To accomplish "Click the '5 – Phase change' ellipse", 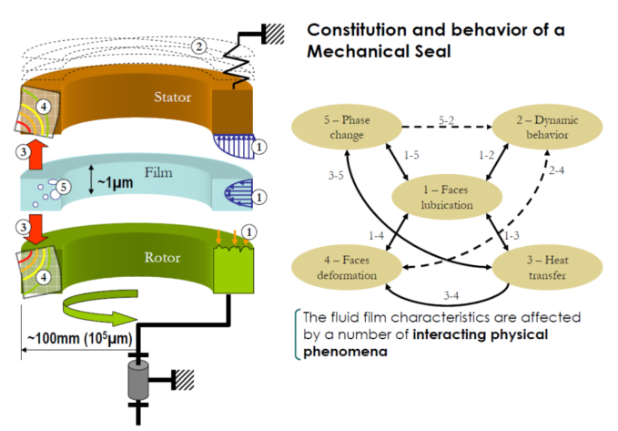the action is (x=347, y=127).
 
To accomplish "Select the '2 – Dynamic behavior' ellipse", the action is (x=547, y=127).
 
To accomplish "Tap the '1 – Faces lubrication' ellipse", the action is (x=447, y=197).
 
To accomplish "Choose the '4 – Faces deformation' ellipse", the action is (x=347, y=267).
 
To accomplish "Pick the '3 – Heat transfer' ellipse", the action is (x=547, y=267).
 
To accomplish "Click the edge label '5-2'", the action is (x=447, y=120).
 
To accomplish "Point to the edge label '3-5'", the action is (x=336, y=175).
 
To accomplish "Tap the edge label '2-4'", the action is (x=556, y=170).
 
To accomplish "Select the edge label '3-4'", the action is (x=451, y=295).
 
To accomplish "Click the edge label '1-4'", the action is (x=376, y=236).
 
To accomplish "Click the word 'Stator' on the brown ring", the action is (x=173, y=97).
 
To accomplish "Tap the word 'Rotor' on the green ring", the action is (x=162, y=257).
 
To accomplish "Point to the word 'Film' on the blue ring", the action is (x=158, y=172).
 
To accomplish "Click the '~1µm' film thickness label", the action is (x=115, y=182).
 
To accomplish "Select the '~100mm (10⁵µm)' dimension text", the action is (x=79, y=338).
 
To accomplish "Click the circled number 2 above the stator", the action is (x=199, y=47).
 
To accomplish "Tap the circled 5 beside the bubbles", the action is (x=64, y=187).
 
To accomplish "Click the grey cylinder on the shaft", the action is (x=138, y=379).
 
